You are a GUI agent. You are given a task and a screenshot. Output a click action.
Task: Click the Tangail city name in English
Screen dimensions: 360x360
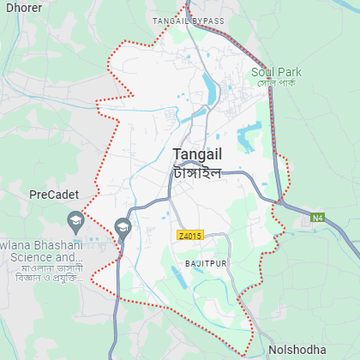[x=197, y=154]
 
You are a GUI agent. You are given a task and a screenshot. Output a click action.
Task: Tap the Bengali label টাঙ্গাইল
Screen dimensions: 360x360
[x=197, y=171]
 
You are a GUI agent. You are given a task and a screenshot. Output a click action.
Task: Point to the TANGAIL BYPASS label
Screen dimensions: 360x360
[x=188, y=21]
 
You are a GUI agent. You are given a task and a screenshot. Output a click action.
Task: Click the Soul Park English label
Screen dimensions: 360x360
[x=273, y=72]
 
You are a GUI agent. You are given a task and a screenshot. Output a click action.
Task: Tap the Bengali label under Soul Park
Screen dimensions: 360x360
[x=276, y=83]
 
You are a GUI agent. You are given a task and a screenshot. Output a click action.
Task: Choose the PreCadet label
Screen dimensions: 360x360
[x=53, y=195]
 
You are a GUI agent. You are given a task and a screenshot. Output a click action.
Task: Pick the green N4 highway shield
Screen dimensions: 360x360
[x=318, y=219]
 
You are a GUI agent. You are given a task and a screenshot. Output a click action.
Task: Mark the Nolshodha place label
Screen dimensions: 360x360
[x=297, y=350]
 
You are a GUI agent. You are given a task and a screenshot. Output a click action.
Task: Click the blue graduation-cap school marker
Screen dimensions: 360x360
[x=123, y=227]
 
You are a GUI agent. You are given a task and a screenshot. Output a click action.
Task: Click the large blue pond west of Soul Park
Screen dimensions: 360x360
[x=249, y=135]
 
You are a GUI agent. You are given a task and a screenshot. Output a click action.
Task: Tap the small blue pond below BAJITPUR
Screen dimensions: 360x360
[x=183, y=276]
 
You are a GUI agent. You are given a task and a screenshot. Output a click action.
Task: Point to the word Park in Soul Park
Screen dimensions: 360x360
[x=285, y=72]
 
